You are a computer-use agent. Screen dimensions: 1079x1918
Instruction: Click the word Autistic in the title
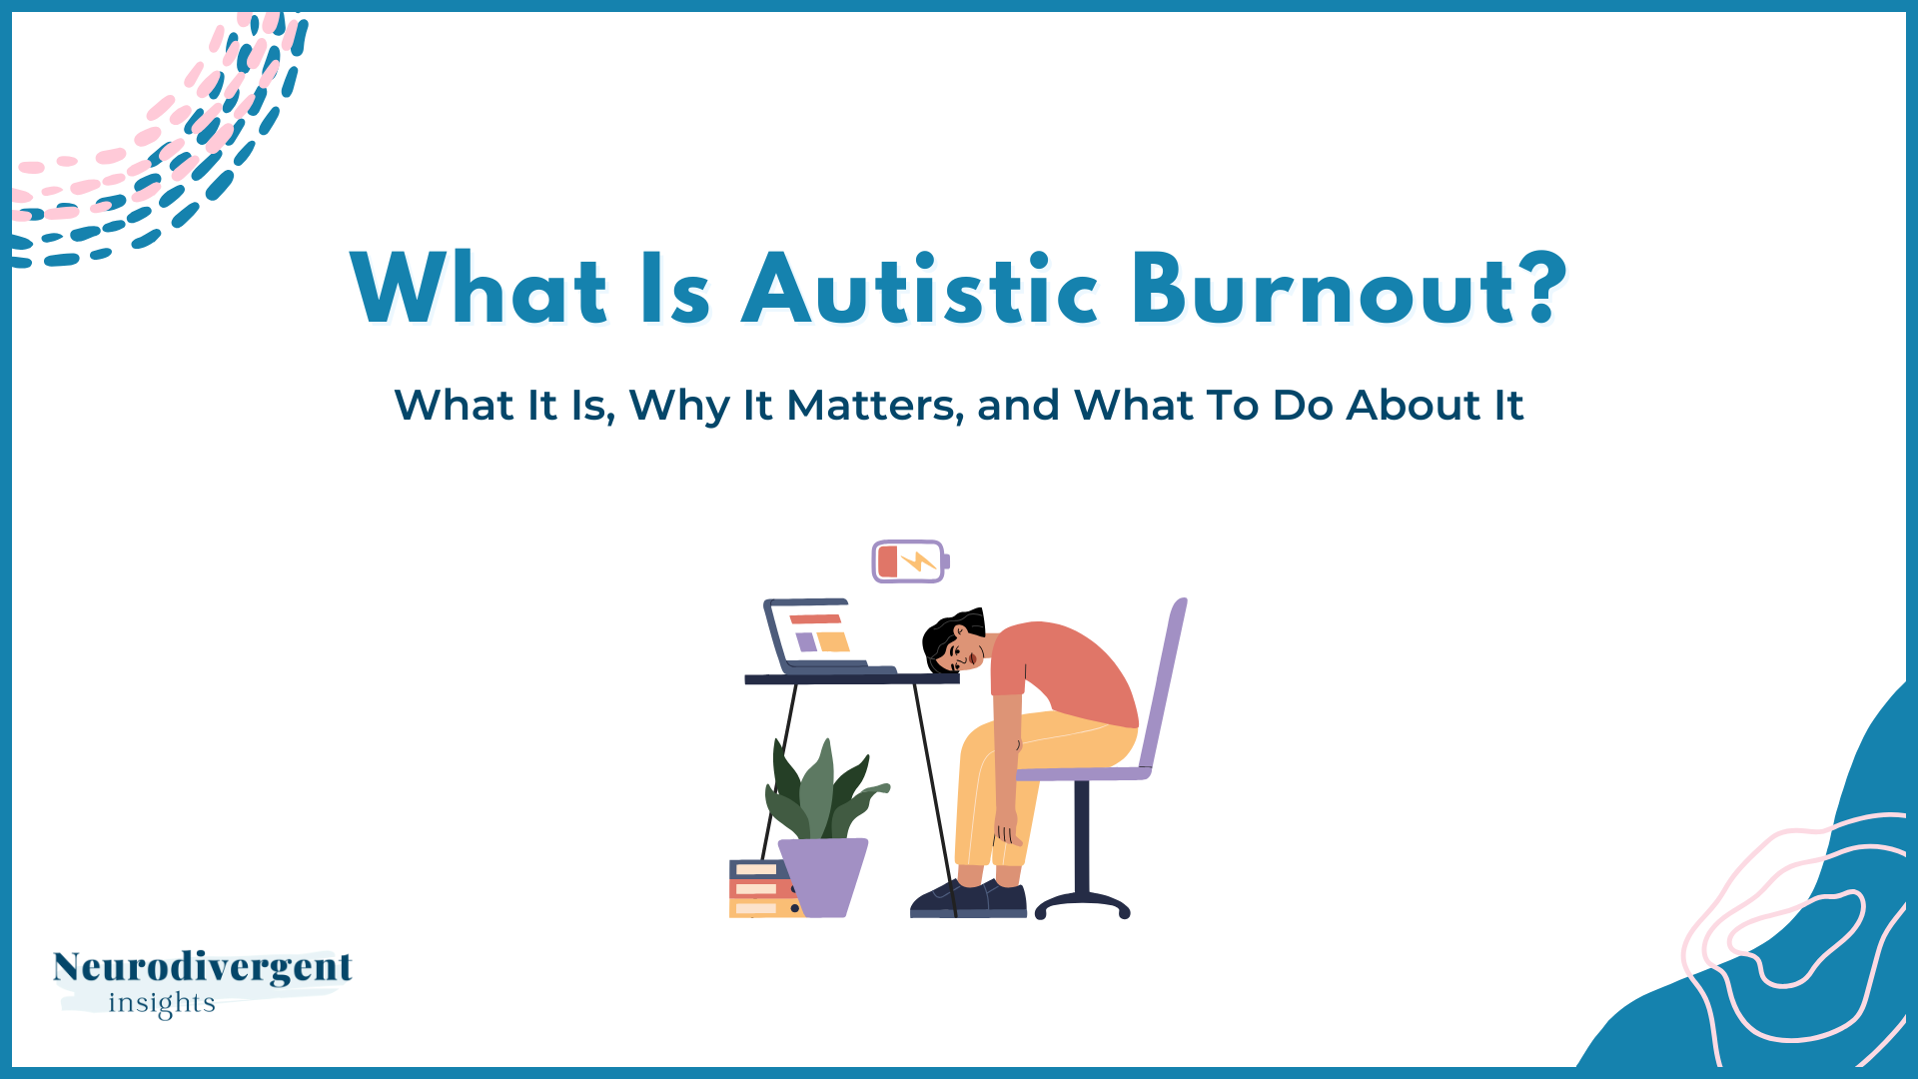coord(919,290)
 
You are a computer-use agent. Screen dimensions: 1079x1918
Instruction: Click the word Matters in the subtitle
coord(874,406)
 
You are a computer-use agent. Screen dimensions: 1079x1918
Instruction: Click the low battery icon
coord(910,561)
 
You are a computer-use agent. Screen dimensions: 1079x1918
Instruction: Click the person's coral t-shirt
coord(1069,669)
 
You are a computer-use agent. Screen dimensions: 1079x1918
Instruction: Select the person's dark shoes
coord(969,898)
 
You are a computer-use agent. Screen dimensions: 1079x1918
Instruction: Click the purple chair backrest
coord(1165,679)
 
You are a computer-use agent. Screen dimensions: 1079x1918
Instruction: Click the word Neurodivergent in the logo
coord(202,967)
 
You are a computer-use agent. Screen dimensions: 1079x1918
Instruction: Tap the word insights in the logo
coord(162,1003)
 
